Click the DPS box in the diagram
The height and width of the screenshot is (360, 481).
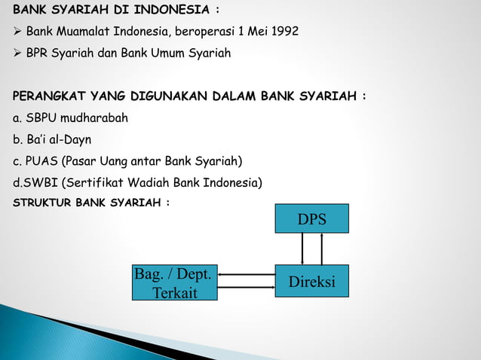[311, 218]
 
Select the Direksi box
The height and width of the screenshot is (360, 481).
[311, 281]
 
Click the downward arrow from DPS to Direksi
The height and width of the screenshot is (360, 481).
[302, 249]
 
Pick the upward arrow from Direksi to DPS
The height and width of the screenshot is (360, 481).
[322, 249]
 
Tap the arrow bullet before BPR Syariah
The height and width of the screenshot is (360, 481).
[17, 53]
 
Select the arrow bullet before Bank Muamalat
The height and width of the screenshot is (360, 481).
[17, 32]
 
